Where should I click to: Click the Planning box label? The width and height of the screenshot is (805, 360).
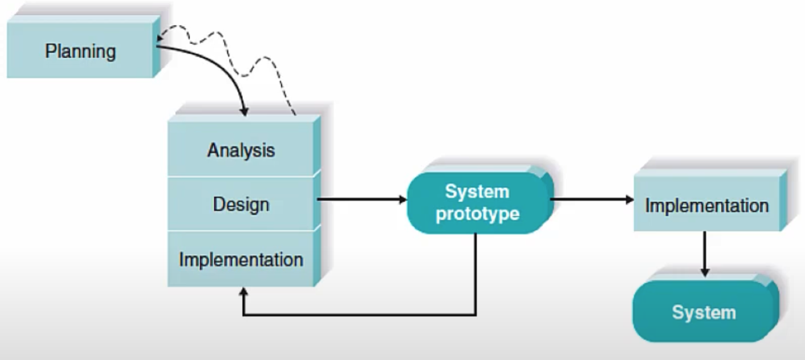click(x=80, y=51)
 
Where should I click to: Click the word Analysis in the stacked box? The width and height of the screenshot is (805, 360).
click(x=241, y=150)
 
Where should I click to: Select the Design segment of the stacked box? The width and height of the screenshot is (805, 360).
click(x=241, y=204)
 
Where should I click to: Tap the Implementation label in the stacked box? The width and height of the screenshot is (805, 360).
click(x=241, y=260)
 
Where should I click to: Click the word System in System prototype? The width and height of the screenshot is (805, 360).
click(x=477, y=192)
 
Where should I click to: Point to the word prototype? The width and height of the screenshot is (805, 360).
click(x=477, y=213)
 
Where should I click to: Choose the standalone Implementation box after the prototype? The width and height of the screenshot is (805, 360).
click(x=707, y=205)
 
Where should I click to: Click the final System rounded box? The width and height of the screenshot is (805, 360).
click(x=704, y=312)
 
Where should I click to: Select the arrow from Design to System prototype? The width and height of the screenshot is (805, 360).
click(x=360, y=199)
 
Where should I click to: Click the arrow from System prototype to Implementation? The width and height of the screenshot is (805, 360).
click(x=591, y=199)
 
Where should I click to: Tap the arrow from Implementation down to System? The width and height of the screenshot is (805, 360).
click(x=705, y=251)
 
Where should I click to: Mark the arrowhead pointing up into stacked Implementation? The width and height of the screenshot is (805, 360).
click(x=243, y=293)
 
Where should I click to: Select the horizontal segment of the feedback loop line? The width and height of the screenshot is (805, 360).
click(x=360, y=315)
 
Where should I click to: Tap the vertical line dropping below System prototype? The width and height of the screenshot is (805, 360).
click(x=475, y=274)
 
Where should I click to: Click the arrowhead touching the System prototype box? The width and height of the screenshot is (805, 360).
click(x=403, y=199)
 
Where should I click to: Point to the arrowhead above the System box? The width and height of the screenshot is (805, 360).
click(x=705, y=272)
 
